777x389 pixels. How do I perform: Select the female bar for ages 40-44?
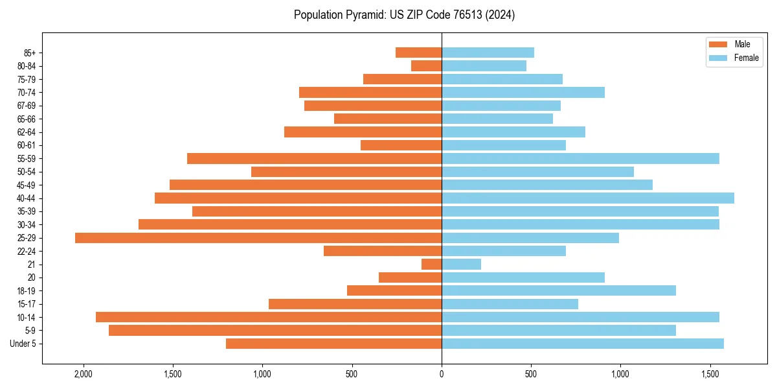pyautogui.click(x=588, y=198)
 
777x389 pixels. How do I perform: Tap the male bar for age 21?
pyautogui.click(x=431, y=265)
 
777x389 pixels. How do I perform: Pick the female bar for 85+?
pyautogui.click(x=488, y=53)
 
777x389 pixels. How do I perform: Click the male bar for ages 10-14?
pyautogui.click(x=269, y=317)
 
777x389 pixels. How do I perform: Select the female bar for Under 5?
pyautogui.click(x=583, y=344)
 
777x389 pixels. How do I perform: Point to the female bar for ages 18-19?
pyautogui.click(x=559, y=290)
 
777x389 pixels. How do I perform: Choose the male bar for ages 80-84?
pyautogui.click(x=426, y=66)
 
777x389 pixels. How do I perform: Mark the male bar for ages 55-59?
pyautogui.click(x=314, y=159)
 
